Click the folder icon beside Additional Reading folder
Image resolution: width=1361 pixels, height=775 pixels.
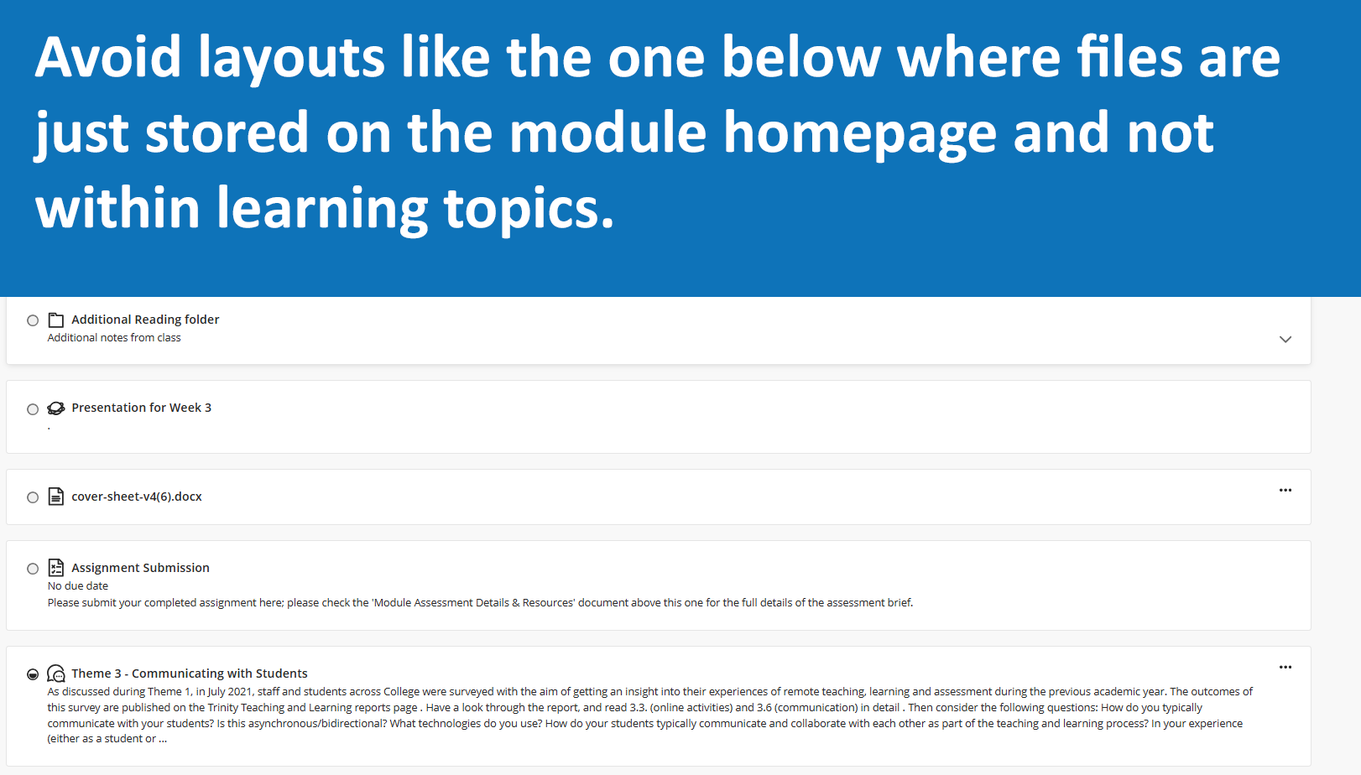pos(56,320)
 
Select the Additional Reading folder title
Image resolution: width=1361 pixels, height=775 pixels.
pos(145,320)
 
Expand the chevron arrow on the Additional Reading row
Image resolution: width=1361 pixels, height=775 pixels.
pos(1285,340)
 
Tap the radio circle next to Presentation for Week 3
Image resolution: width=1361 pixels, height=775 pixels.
pos(33,409)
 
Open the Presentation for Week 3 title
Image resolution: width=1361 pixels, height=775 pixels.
pos(142,408)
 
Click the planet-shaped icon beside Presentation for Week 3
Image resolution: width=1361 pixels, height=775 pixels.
pos(56,408)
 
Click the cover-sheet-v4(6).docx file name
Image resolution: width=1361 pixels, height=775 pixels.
pos(137,497)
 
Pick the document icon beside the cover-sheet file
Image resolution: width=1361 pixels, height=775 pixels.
pos(56,497)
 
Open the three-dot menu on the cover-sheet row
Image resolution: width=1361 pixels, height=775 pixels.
pos(1285,490)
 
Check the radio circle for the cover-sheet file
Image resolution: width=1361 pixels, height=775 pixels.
pos(33,497)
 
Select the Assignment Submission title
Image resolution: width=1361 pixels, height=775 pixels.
pos(140,567)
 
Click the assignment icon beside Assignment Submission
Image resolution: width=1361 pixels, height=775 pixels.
pos(56,567)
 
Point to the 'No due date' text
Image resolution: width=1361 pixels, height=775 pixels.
pos(78,585)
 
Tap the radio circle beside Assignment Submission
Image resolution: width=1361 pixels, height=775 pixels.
pos(33,569)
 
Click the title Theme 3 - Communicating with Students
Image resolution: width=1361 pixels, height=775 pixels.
pos(190,673)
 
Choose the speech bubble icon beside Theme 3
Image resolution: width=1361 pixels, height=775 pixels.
pos(56,673)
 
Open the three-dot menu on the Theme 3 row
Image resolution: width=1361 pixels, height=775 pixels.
pos(1285,667)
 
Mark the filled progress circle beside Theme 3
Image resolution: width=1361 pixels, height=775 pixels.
pos(33,674)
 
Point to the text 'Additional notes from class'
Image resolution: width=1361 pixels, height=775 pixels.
pos(114,338)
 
